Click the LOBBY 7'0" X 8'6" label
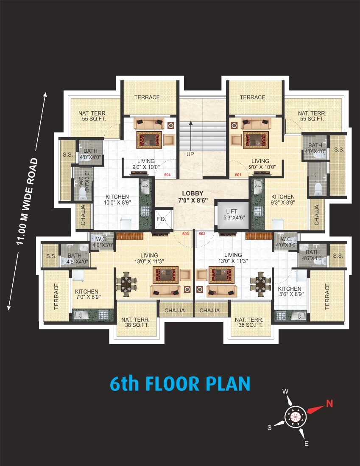tap(193, 197)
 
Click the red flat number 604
tap(167, 175)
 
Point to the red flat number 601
tap(238, 175)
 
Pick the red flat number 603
tap(185, 233)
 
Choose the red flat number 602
tap(202, 233)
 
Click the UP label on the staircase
tap(190, 154)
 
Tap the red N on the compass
tap(329, 404)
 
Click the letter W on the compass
tap(285, 392)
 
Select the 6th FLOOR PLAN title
tap(180, 384)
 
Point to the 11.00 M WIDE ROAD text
tap(27, 202)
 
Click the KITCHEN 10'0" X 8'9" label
tap(117, 199)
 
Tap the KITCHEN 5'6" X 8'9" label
tap(290, 291)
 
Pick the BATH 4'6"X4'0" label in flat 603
tap(74, 258)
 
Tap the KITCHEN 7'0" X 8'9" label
tap(87, 294)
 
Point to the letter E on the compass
tap(306, 444)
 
